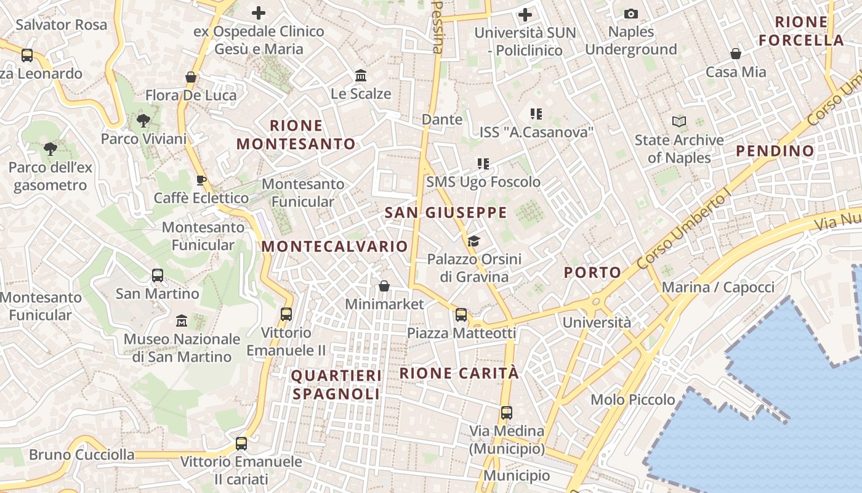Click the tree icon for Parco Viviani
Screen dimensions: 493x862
coord(143,121)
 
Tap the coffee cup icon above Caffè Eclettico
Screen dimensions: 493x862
coord(201,180)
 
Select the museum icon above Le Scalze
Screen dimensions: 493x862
coord(361,76)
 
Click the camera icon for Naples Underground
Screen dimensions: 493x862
coord(631,14)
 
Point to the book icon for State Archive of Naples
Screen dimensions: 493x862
coord(679,122)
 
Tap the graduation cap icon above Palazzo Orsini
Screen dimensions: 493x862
coord(473,241)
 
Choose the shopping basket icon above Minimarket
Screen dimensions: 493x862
coord(384,286)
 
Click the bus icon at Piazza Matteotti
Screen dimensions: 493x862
coord(461,315)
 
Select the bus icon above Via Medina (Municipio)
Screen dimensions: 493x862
coord(506,413)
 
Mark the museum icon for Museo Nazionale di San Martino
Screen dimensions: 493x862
coord(182,321)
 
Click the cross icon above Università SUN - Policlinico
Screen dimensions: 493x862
coord(525,14)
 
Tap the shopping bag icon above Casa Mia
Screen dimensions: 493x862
coord(736,54)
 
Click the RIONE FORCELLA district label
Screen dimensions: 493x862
coord(801,31)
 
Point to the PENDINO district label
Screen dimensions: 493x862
coord(775,151)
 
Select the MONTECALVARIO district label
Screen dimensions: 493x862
coord(334,246)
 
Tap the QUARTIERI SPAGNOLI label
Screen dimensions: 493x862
coord(336,385)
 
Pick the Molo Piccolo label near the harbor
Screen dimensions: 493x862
coord(632,399)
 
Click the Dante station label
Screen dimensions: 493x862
coord(441,119)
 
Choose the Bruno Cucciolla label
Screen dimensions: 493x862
coord(81,455)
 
